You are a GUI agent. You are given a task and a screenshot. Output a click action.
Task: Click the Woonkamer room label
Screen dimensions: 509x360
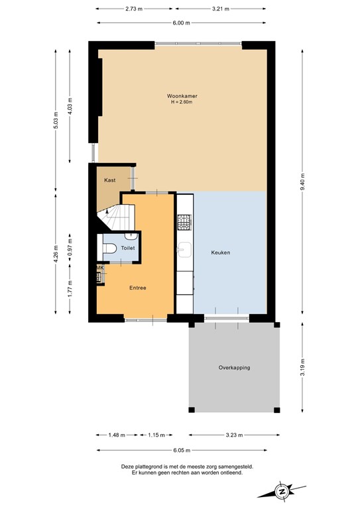tap(182, 95)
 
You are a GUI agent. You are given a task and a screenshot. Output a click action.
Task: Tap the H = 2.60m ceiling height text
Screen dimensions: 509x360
tap(182, 102)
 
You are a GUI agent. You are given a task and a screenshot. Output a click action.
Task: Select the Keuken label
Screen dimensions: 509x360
tap(220, 253)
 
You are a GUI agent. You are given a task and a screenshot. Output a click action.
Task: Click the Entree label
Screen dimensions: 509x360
tap(137, 288)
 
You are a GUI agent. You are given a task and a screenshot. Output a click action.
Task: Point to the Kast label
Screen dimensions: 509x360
tap(110, 180)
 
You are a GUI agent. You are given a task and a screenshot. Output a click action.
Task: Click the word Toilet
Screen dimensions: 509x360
tap(127, 248)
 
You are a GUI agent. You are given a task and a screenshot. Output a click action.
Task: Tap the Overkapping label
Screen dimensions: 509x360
tap(235, 368)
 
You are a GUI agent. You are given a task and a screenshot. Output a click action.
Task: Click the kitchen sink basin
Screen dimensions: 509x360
tap(185, 249)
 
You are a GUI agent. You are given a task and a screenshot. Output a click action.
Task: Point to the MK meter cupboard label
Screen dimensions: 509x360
tap(100, 268)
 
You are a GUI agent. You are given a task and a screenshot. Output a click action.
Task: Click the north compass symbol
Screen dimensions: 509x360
tap(282, 491)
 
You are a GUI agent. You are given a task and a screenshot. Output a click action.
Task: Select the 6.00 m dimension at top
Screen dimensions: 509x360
tap(182, 23)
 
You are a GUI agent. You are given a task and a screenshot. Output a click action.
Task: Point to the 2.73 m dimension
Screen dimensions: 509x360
tap(135, 9)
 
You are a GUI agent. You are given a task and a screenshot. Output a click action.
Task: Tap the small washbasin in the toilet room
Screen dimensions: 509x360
tap(131, 235)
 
